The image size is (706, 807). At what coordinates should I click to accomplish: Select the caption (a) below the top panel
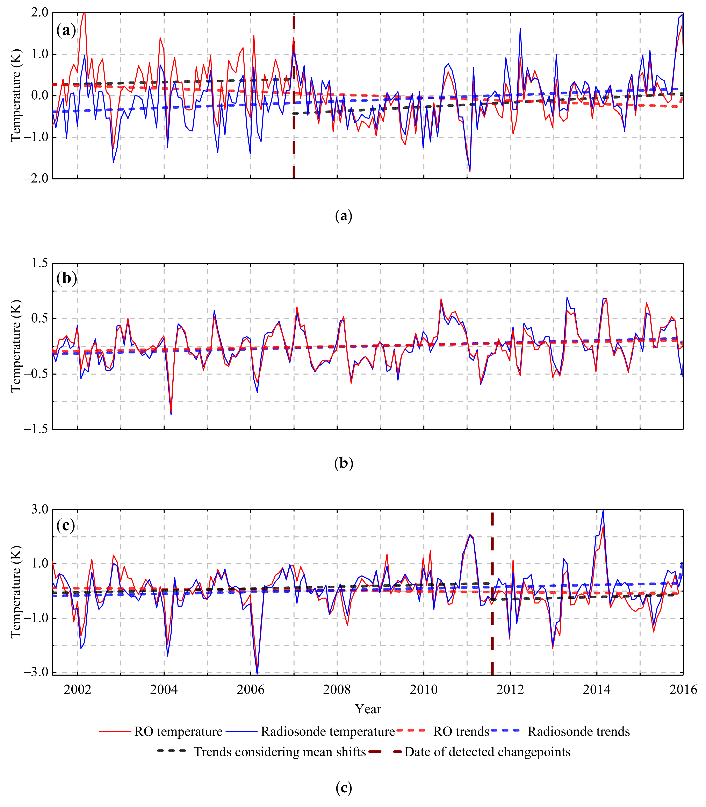344,216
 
